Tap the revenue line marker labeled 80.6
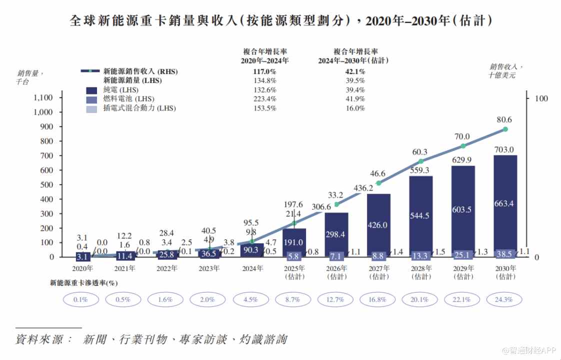(x=505, y=129)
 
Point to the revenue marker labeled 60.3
(x=421, y=161)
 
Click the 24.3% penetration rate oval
(x=505, y=300)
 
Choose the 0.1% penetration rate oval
(x=80, y=300)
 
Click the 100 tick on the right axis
(x=541, y=98)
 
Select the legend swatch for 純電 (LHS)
(x=91, y=90)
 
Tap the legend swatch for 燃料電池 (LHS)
(x=91, y=99)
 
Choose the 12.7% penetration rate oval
(x=336, y=300)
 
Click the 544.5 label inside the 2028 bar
(x=420, y=216)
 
